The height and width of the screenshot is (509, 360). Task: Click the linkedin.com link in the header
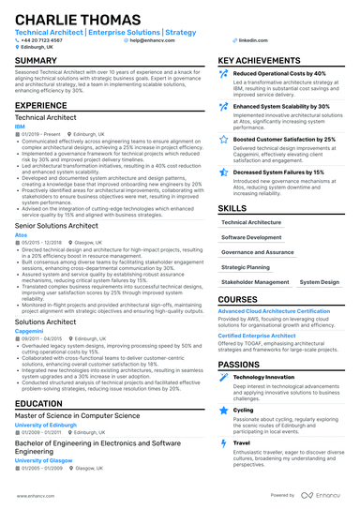pyautogui.click(x=247, y=41)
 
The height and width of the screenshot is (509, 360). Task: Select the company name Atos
pyautogui.click(x=20, y=234)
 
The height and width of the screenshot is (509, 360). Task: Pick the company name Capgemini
pyautogui.click(x=27, y=329)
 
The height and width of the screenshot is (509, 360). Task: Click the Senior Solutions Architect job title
pyautogui.click(x=57, y=226)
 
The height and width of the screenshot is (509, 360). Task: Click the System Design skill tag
pyautogui.click(x=319, y=281)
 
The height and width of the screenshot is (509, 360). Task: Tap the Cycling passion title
pyautogui.click(x=243, y=409)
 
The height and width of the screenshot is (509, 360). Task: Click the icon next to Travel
pyautogui.click(x=223, y=442)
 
